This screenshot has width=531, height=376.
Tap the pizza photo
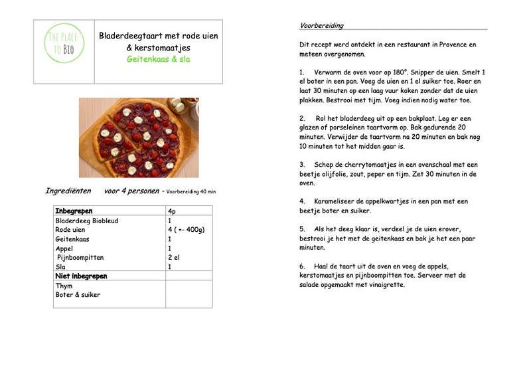click(x=139, y=138)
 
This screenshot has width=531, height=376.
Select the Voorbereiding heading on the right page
click(x=322, y=26)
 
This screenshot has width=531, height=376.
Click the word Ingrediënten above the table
click(x=68, y=191)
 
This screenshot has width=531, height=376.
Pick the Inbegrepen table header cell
click(x=74, y=211)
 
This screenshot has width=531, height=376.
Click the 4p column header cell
click(x=172, y=211)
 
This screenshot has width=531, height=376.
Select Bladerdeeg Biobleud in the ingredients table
click(x=87, y=221)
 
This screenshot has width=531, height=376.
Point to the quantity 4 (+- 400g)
click(x=186, y=230)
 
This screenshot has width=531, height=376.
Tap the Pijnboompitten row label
click(x=80, y=257)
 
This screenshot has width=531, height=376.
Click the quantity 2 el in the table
click(x=175, y=257)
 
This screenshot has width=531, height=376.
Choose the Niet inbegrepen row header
click(x=82, y=276)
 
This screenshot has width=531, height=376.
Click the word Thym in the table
click(x=64, y=286)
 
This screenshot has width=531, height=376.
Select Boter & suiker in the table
click(x=78, y=295)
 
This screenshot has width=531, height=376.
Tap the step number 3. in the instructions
click(x=302, y=164)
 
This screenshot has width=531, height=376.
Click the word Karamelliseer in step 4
click(x=339, y=201)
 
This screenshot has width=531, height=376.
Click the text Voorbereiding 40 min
click(x=190, y=192)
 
